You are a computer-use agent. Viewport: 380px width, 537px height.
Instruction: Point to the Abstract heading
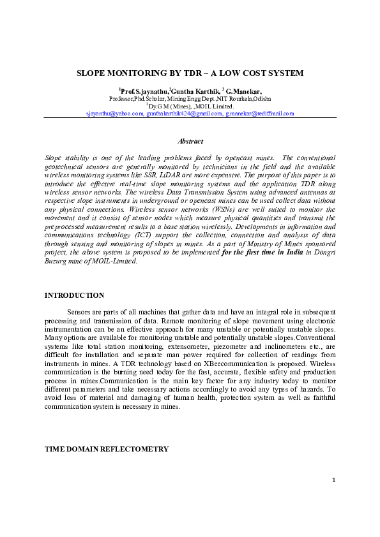coord(190,141)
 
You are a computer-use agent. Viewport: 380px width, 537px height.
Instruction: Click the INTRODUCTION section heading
coord(73,295)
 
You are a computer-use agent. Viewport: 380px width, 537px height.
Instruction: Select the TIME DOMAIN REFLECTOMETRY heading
coord(106,449)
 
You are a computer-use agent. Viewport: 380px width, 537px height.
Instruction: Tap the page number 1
coord(333,497)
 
